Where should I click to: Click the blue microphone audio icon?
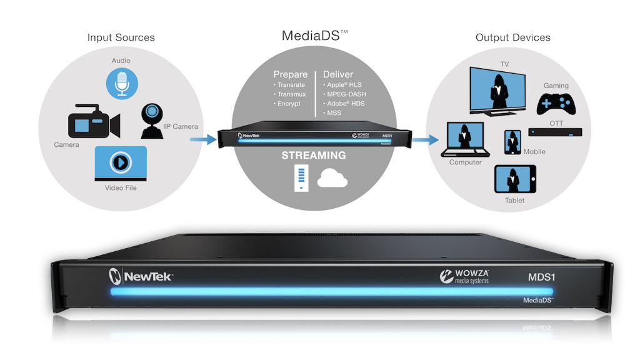pyautogui.click(x=121, y=84)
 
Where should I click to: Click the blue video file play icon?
pyautogui.click(x=121, y=163)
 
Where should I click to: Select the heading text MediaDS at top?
pyautogui.click(x=311, y=36)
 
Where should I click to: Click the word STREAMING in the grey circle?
pyautogui.click(x=314, y=156)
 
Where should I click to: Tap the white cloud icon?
pyautogui.click(x=332, y=179)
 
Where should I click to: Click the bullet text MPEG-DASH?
pyautogui.click(x=344, y=93)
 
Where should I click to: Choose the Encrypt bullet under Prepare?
pyautogui.click(x=289, y=103)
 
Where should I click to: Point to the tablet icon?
pyautogui.click(x=514, y=180)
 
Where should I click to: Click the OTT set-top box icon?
pyautogui.click(x=556, y=132)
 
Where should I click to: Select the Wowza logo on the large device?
pyautogui.click(x=466, y=276)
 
